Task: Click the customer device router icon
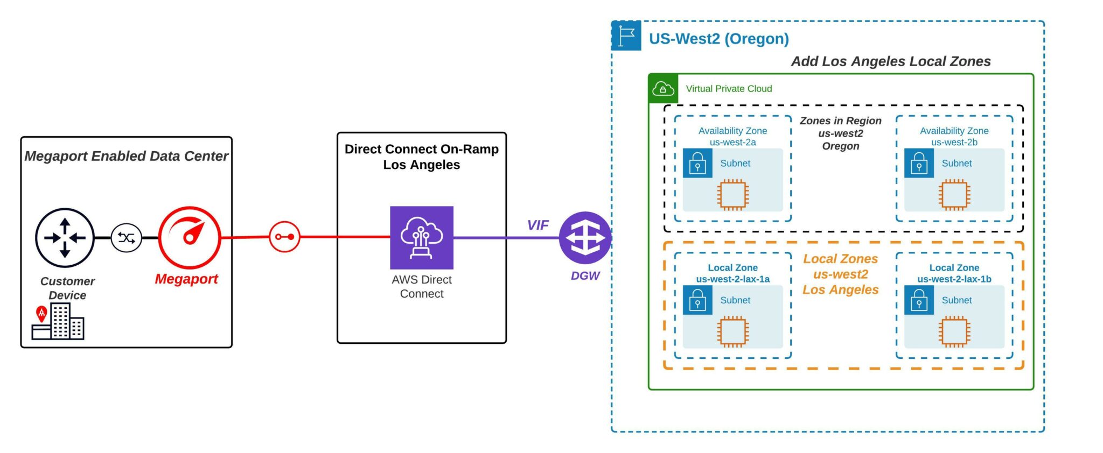point(65,238)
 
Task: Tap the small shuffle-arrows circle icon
point(126,238)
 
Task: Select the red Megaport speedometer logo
point(190,237)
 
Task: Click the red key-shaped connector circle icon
point(284,237)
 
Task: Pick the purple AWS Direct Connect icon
point(422,237)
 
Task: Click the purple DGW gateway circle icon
point(585,238)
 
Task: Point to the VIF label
point(537,225)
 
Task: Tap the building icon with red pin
point(58,321)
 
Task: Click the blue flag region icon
point(626,36)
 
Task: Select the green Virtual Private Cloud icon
point(663,89)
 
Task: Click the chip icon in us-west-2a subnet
point(732,195)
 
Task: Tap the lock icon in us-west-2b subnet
point(919,163)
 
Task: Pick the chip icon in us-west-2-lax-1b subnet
point(954,331)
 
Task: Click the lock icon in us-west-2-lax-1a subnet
point(697,300)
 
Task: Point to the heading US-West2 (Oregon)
point(718,39)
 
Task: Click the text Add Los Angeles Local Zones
point(890,61)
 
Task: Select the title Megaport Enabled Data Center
point(126,156)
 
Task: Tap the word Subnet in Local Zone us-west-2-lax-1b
point(957,300)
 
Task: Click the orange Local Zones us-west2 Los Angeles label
point(840,274)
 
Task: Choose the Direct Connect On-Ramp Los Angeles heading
point(422,157)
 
